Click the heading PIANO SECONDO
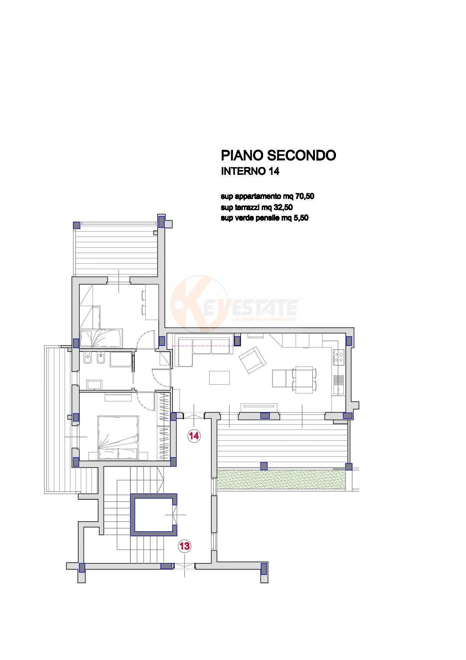pyautogui.click(x=278, y=155)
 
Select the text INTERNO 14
pyautogui.click(x=250, y=171)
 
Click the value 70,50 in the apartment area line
pyautogui.click(x=305, y=196)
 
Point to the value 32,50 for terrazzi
pyautogui.click(x=283, y=207)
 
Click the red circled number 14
pyautogui.click(x=194, y=436)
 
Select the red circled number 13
pyautogui.click(x=185, y=546)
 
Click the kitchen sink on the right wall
pyautogui.click(x=339, y=384)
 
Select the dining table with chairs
pyautogui.click(x=304, y=380)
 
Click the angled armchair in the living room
pyautogui.click(x=253, y=360)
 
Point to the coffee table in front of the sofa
pyautogui.click(x=219, y=378)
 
